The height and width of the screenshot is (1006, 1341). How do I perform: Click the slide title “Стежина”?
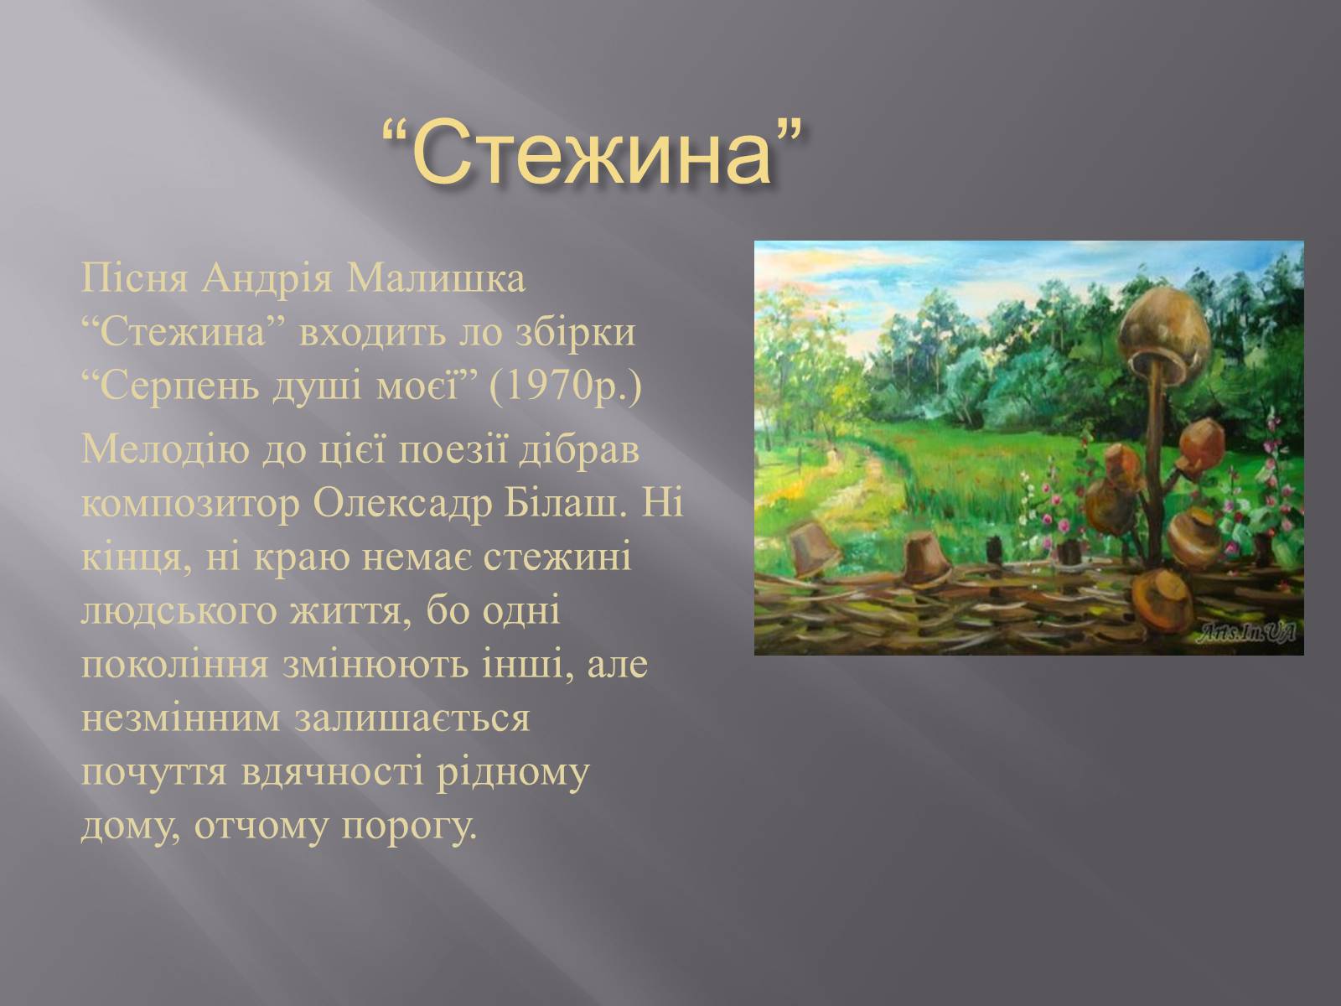[x=591, y=153]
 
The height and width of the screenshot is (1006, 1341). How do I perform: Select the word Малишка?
[x=436, y=278]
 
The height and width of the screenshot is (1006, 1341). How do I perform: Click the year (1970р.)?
[x=565, y=386]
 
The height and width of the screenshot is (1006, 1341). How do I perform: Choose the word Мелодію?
[x=165, y=449]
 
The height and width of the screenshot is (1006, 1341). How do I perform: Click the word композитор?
[x=190, y=504]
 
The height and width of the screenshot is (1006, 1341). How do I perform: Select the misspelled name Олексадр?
[x=402, y=503]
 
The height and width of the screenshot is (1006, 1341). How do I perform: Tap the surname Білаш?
[x=565, y=503]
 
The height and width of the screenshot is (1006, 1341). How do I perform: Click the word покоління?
[x=174, y=665]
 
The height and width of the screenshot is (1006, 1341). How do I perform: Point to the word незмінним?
[x=181, y=718]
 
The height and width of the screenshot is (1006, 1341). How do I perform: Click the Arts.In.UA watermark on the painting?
[x=1246, y=633]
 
